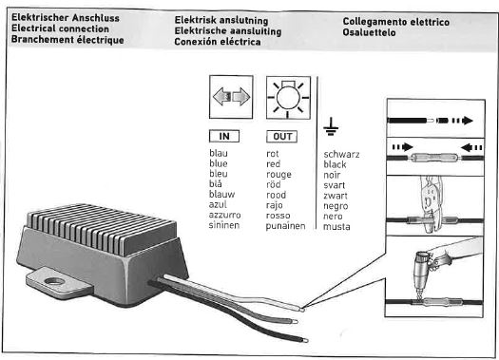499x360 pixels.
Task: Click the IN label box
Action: (x=224, y=136)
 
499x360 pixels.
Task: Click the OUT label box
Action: (x=281, y=137)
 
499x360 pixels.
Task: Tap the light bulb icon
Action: (x=288, y=98)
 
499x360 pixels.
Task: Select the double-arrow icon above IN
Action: (x=231, y=97)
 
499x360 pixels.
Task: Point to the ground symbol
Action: (x=331, y=127)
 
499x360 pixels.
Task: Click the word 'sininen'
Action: (x=224, y=225)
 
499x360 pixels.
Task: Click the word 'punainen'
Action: (x=285, y=226)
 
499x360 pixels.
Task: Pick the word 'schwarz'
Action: (x=341, y=154)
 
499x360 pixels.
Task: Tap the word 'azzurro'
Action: (x=224, y=215)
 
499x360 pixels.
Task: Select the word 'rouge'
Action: (x=278, y=175)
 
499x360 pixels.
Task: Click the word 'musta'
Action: (x=336, y=227)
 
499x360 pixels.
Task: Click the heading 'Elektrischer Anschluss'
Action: (x=66, y=18)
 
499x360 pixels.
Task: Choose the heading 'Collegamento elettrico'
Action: (x=396, y=22)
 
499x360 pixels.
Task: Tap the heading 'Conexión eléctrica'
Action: (x=218, y=42)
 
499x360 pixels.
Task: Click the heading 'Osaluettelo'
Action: (x=369, y=32)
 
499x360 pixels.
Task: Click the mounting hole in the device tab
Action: (x=55, y=281)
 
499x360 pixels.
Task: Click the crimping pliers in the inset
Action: (x=431, y=203)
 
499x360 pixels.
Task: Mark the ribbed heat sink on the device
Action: (x=102, y=228)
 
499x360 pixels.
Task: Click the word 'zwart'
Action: (x=336, y=196)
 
